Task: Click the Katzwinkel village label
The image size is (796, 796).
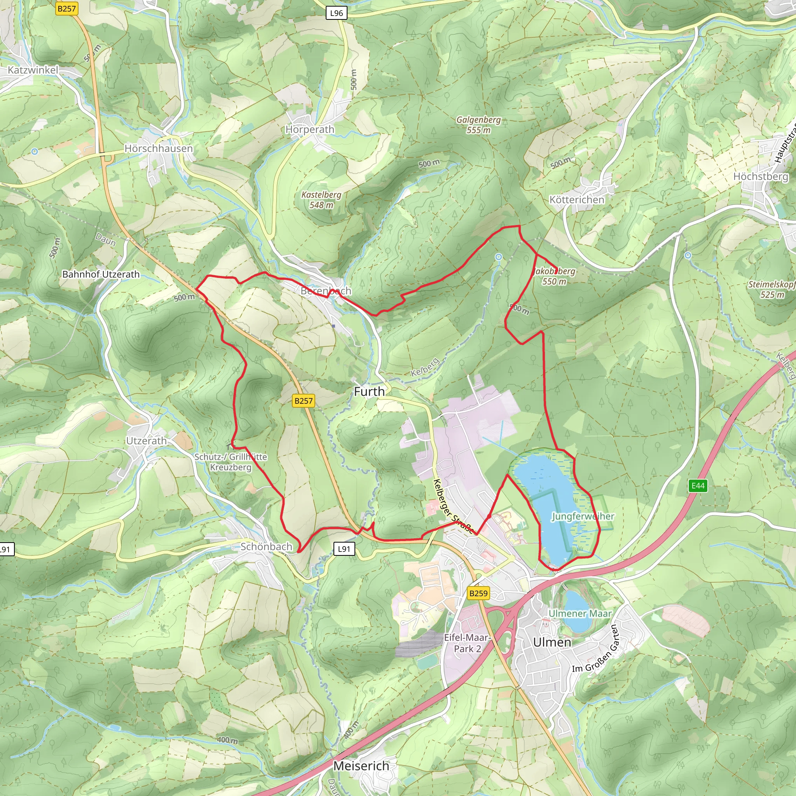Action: click(x=33, y=70)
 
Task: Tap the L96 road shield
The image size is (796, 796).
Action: click(x=337, y=13)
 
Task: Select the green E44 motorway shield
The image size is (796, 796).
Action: click(x=698, y=486)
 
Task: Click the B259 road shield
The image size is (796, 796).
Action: click(x=478, y=593)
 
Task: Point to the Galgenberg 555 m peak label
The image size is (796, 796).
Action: click(x=478, y=125)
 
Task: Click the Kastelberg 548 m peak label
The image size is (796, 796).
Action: click(x=321, y=200)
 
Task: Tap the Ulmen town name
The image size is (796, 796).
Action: click(x=552, y=642)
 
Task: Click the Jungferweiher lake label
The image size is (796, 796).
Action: click(x=583, y=516)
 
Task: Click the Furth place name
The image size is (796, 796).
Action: click(x=369, y=392)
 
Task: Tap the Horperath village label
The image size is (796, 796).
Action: click(x=310, y=129)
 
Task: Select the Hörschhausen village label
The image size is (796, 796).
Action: click(x=159, y=148)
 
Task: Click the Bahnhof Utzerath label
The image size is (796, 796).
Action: click(x=101, y=274)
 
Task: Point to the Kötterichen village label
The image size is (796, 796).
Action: click(x=577, y=200)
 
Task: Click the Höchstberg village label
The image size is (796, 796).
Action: click(x=761, y=176)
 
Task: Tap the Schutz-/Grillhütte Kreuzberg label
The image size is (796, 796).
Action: click(x=231, y=462)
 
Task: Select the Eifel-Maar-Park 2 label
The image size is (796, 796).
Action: click(x=467, y=643)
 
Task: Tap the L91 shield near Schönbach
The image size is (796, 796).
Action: click(x=344, y=549)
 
